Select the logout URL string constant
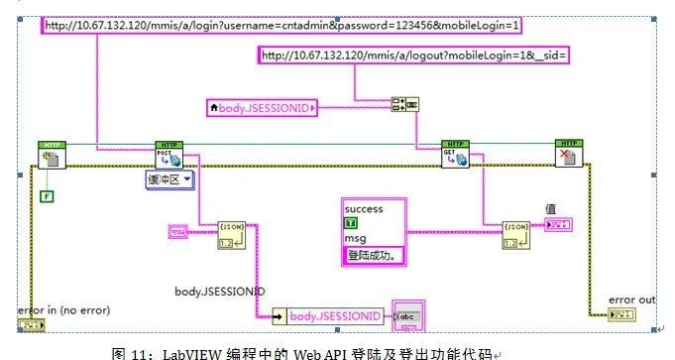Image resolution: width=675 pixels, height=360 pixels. coord(413,56)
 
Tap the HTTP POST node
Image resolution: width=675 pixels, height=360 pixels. coord(169,155)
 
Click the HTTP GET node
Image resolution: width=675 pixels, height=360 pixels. coord(455,155)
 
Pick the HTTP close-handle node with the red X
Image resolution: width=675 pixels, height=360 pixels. coord(569,155)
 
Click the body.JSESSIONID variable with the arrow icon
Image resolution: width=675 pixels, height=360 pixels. coord(326,315)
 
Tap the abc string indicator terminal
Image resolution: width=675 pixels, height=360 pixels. coord(408,315)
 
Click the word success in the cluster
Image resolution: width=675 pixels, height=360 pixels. coord(363,209)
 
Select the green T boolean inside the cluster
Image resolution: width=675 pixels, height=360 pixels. coord(350,224)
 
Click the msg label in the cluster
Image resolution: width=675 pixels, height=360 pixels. coord(355,240)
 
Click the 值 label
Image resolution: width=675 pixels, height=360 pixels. coord(551,208)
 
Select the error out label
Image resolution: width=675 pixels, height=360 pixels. coord(632,299)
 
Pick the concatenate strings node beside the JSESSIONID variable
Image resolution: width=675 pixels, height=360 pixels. coord(402,106)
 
